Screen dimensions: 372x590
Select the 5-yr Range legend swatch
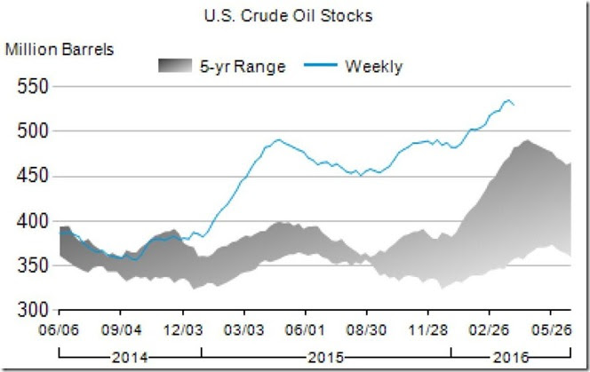[188, 66]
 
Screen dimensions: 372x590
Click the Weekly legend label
[374, 66]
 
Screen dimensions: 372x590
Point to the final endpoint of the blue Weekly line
[514, 106]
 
